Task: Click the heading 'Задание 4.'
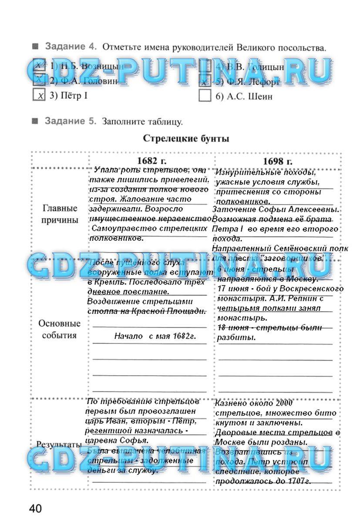pos(70,47)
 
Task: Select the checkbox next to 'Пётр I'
pos(39,95)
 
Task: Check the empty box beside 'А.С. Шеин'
pos(205,95)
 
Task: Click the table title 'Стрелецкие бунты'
pos(186,139)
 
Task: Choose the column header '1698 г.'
pos(278,161)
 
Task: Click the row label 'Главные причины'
pos(60,214)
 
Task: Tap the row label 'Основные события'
pos(60,330)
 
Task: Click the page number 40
pos(36,508)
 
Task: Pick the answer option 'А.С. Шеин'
pos(244,97)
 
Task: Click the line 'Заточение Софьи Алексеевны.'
pos(276,210)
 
